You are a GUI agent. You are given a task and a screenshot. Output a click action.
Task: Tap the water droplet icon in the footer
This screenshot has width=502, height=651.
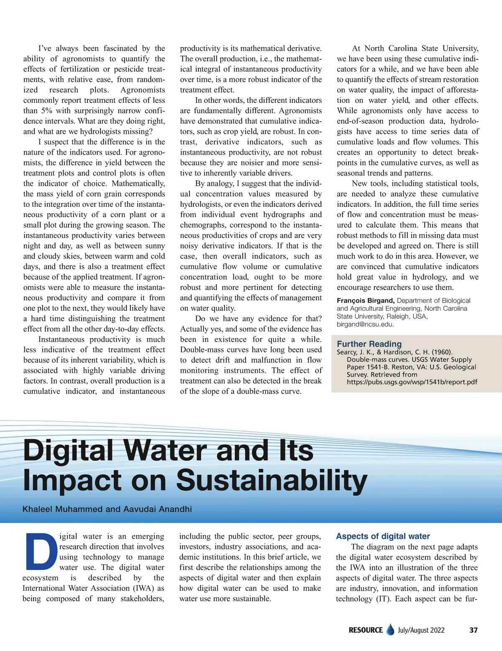[x=390, y=630]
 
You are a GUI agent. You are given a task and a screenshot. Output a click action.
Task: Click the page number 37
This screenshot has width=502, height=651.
[x=473, y=630]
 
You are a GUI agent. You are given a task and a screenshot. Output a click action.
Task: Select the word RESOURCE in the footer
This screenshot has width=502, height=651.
[x=366, y=630]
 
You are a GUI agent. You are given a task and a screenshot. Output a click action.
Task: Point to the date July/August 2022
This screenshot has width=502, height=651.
[x=421, y=630]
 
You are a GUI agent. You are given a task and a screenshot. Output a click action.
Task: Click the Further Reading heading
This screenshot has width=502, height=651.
[x=369, y=344]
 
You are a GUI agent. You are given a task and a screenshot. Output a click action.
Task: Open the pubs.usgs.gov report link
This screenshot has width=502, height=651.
[x=412, y=382]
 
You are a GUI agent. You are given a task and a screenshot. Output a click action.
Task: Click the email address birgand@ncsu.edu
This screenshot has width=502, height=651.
[x=365, y=324]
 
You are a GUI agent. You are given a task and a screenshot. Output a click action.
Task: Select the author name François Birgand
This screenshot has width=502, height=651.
[x=365, y=300]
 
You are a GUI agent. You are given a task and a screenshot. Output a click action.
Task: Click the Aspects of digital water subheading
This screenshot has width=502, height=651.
[x=383, y=536]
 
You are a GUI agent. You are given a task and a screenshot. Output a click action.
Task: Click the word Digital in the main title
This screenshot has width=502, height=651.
[x=68, y=450]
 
